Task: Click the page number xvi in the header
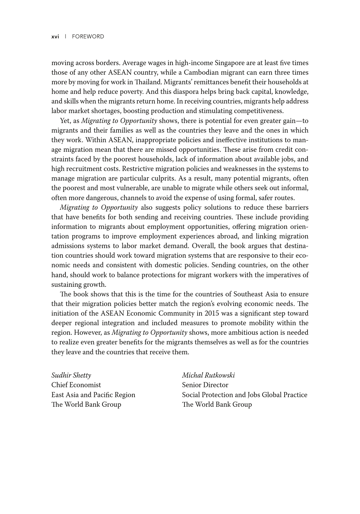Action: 55,37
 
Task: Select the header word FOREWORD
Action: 88,37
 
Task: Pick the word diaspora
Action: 196,92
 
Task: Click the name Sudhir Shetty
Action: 71,376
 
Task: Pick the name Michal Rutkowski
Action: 208,376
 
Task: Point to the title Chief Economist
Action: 76,385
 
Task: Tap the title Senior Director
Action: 205,385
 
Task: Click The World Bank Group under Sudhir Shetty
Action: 86,405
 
